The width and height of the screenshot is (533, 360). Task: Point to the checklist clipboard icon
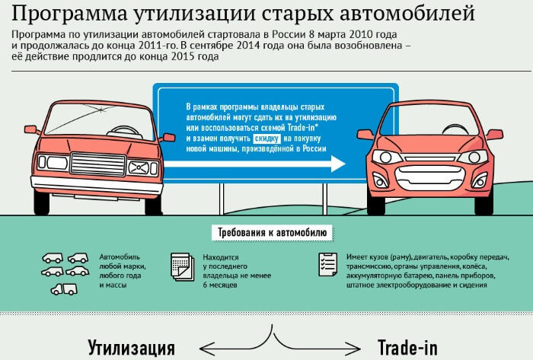pyautogui.click(x=327, y=265)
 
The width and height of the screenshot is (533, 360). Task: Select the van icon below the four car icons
pyautogui.click(x=63, y=288)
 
